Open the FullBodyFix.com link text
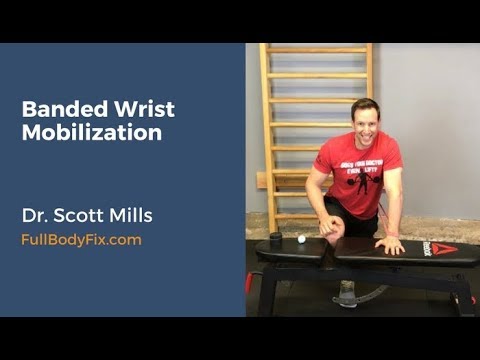(81, 240)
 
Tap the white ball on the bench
(301, 240)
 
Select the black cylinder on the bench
(276, 239)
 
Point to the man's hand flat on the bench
(391, 243)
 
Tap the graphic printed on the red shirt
(363, 181)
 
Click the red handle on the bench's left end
(249, 281)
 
